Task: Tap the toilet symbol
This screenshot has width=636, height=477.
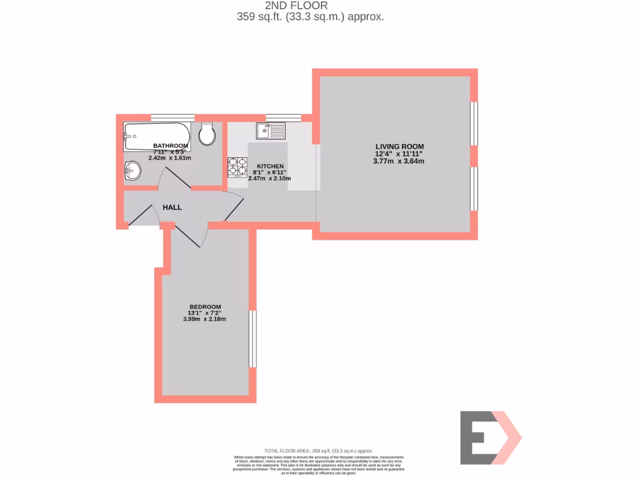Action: point(207,134)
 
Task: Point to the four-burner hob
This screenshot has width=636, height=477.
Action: point(237,167)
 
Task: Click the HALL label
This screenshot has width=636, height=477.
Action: point(172,207)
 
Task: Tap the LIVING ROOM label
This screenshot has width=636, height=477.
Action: point(399,147)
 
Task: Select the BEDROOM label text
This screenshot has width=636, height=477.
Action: point(205,307)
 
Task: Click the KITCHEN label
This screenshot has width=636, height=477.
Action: point(270,166)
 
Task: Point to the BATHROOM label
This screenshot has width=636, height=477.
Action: point(170,147)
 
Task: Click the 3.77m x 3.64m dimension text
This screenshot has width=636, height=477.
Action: point(399,161)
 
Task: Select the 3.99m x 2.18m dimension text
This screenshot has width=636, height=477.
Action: point(204,319)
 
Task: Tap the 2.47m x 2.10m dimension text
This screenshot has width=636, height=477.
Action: point(270,178)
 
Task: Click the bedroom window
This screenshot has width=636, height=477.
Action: point(252,338)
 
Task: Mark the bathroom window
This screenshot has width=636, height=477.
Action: point(173,117)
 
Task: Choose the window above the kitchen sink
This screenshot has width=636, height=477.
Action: point(283,117)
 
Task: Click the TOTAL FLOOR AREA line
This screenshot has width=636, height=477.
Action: point(318,450)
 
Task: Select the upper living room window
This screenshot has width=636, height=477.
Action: point(474,124)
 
